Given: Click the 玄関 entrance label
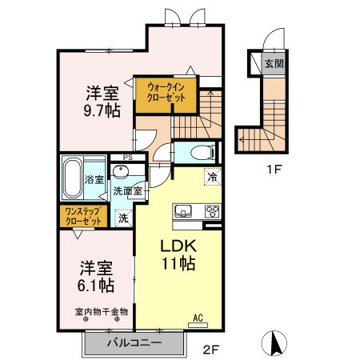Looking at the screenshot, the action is coord(274,64).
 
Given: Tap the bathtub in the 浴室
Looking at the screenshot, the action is coord(72,178).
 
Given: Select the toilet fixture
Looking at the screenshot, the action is coord(203,153).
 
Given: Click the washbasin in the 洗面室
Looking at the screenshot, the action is coord(121,171).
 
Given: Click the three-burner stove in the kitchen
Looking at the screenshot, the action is coord(212,211).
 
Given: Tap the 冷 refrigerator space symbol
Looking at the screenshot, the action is coord(213,177).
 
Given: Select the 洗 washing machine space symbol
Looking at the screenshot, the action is coord(123,218).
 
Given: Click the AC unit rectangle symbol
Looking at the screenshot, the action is coord(198,325).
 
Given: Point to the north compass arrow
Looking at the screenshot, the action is coord(274,343).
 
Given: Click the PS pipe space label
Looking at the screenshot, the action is coord(128,158).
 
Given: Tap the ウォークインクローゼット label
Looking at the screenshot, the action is coord(166,92).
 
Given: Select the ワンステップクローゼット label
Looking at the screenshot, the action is coord(83,216).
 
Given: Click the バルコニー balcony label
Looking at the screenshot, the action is coord(134,342).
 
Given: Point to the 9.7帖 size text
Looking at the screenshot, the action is coord(102,110).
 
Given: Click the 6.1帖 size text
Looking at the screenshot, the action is coord(96,286).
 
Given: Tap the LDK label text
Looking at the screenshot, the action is coord(178,246).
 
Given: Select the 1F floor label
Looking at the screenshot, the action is coord(274,170).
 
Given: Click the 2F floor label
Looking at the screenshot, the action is coord(211,350).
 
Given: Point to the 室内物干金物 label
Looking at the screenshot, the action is coord(102,311).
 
